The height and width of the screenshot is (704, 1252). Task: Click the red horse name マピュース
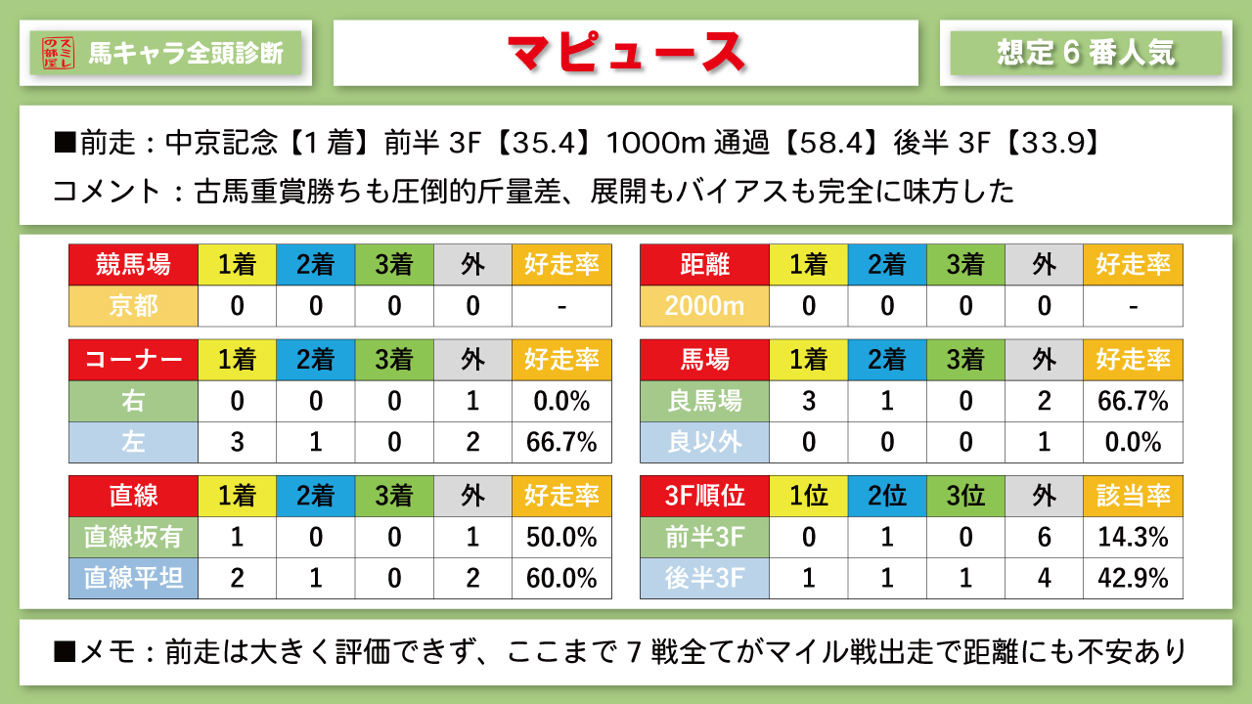coord(626,53)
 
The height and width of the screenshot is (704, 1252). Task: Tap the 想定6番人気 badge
coord(1086,53)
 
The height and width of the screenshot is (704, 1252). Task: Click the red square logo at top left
coord(59,53)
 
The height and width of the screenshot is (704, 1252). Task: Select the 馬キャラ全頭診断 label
coord(186,53)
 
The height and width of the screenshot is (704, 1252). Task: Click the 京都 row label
coord(133,306)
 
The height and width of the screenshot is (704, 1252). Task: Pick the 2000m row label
coord(704,306)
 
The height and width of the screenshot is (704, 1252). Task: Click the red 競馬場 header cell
coord(133,264)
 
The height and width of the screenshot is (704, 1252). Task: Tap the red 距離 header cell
coord(704,264)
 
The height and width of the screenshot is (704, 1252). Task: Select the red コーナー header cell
coord(133,360)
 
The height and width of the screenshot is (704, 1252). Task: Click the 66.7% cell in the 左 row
coord(561,442)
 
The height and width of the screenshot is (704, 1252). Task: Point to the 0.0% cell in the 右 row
coord(561,401)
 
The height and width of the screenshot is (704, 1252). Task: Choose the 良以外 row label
coord(704,442)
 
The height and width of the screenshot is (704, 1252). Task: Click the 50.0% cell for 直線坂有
coord(561,537)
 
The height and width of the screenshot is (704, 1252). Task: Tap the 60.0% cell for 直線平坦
coord(561,578)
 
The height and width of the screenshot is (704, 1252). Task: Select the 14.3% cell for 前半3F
coord(1133,537)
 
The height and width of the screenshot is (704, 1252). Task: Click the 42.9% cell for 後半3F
coord(1133,578)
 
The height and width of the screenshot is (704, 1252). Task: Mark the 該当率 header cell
coord(1133,496)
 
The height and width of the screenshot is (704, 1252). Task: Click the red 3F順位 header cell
coord(704,496)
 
